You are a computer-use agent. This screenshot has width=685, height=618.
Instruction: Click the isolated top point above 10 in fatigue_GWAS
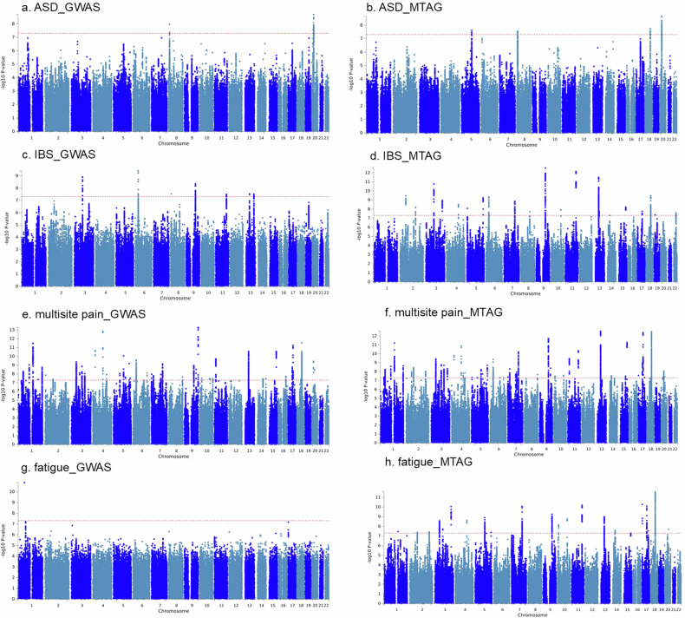click(24, 483)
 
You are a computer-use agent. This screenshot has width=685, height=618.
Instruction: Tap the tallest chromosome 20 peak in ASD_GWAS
click(313, 15)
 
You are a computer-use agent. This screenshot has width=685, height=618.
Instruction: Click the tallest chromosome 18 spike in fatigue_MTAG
click(656, 492)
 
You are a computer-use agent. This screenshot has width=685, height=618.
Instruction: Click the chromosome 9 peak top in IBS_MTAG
click(545, 168)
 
